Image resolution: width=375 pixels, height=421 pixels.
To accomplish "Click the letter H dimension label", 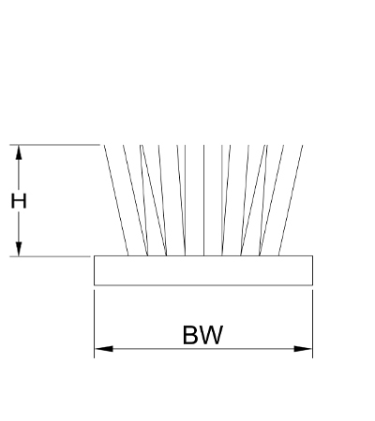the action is pos(19,201).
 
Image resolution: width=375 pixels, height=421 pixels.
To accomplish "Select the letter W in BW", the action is pos(210,335).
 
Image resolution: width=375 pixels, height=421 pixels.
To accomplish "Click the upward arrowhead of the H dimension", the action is pos(19,152).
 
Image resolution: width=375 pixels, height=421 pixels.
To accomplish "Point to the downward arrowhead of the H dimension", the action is pos(19,249).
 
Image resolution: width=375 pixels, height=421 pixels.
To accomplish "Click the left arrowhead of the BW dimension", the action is pos(104,349).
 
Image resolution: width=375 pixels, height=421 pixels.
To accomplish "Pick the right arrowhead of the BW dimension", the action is pos(303,349).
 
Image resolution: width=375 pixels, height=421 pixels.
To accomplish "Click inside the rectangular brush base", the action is pos(203,270).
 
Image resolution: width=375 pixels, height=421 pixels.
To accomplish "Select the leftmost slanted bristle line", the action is pos(116,200).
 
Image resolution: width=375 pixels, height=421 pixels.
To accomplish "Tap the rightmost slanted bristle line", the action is pos(291,200).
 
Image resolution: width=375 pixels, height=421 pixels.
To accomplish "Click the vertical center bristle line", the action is pos(203,200).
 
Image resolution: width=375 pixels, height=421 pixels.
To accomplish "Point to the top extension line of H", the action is pos(54,145).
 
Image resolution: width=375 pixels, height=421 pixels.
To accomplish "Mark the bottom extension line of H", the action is pos(50,256).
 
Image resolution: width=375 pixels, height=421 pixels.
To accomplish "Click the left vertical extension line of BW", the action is pos(94,324).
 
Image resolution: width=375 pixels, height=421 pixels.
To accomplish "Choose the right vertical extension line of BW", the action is pos(312,324).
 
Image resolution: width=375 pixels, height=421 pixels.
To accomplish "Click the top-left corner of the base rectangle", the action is pos(95,255).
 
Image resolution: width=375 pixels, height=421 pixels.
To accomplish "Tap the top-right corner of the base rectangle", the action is pos(312,255).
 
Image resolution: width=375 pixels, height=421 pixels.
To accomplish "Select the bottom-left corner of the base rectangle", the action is pos(95,285).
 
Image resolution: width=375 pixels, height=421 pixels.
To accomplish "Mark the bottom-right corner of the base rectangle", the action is pos(312,285).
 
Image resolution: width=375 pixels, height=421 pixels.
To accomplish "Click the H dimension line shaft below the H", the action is pos(19,227).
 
